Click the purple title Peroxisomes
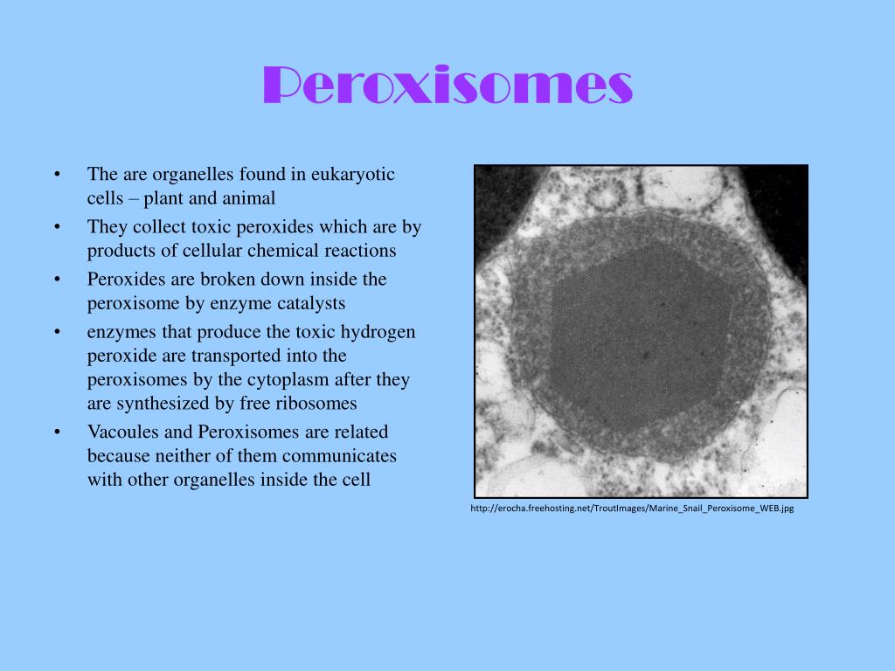point(447,86)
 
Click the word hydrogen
point(378,332)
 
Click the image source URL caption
point(632,508)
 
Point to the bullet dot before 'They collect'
point(57,227)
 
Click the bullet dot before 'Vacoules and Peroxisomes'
point(57,432)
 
